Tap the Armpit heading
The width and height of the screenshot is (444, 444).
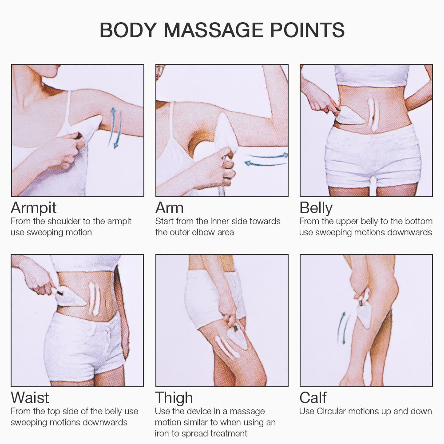(x=34, y=208)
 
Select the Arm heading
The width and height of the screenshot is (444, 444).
(x=169, y=207)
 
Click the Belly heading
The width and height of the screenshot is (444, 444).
(x=316, y=208)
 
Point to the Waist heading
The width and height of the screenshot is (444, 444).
(x=30, y=397)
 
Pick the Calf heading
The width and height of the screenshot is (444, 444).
(x=313, y=397)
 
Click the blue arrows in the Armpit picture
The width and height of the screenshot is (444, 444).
(x=115, y=128)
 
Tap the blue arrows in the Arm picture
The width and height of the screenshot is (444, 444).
(x=266, y=159)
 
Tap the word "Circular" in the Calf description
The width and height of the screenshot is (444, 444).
(x=331, y=411)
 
